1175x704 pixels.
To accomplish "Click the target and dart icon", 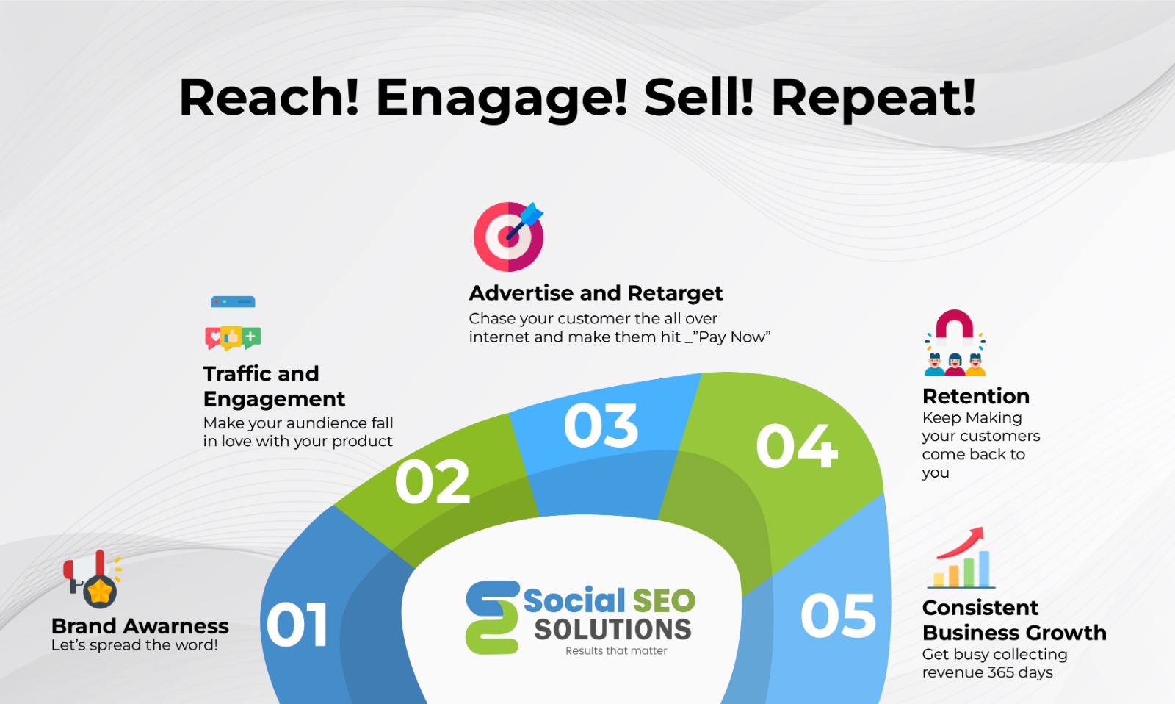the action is tap(509, 236).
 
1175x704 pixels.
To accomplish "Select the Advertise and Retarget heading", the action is tap(596, 293).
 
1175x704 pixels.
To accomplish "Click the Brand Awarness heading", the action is tap(140, 626).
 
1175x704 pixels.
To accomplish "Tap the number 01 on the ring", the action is tap(297, 624).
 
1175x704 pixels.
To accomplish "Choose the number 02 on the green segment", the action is tap(433, 481).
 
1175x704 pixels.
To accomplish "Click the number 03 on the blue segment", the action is tap(601, 425).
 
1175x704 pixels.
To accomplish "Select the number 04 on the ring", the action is tap(797, 446).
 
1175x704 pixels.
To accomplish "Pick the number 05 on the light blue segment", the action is tap(838, 615).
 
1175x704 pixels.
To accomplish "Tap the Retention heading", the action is tap(976, 396).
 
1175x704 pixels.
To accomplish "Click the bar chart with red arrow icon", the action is tap(961, 558).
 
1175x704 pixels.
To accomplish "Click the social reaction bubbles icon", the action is tap(233, 337).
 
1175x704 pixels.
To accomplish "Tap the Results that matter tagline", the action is tap(616, 651).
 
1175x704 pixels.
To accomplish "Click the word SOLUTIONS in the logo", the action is tap(612, 630).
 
